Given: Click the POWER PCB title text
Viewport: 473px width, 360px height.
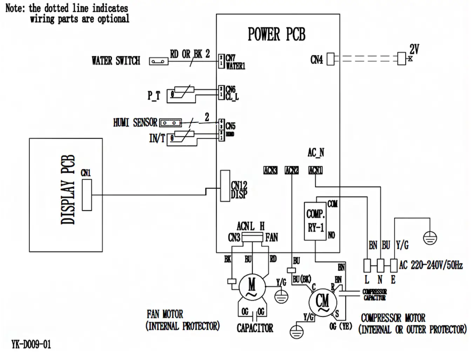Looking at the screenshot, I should pyautogui.click(x=276, y=34).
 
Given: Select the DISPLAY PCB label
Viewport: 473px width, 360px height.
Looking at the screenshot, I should pyautogui.click(x=68, y=189).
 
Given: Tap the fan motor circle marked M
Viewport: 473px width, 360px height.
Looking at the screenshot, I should pyautogui.click(x=252, y=286).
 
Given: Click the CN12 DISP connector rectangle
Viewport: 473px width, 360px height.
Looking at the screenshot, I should pyautogui.click(x=225, y=186).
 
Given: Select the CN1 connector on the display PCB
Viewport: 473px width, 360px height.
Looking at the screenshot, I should pyautogui.click(x=87, y=195).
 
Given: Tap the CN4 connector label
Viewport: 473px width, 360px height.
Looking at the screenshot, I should pyautogui.click(x=316, y=60).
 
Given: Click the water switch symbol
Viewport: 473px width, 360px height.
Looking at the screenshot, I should pyautogui.click(x=158, y=61).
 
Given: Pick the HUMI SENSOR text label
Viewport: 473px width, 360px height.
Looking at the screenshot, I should pyautogui.click(x=135, y=122).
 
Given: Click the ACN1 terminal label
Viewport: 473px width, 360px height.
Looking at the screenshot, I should pyautogui.click(x=315, y=171).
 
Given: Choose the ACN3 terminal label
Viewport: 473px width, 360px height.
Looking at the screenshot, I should pyautogui.click(x=270, y=171).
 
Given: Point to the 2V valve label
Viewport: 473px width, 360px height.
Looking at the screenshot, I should pyautogui.click(x=414, y=49).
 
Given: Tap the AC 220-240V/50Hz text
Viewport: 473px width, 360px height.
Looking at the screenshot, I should pyautogui.click(x=431, y=265).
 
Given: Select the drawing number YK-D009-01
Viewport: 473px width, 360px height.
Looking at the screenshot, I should pyautogui.click(x=31, y=345).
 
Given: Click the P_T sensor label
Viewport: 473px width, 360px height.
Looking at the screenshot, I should pyautogui.click(x=154, y=95).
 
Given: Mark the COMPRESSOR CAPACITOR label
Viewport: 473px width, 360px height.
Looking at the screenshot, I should pyautogui.click(x=374, y=295).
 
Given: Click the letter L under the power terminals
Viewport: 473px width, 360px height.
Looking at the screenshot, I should pyautogui.click(x=367, y=280).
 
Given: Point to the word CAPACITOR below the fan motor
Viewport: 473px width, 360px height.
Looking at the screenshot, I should pyautogui.click(x=255, y=328).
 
